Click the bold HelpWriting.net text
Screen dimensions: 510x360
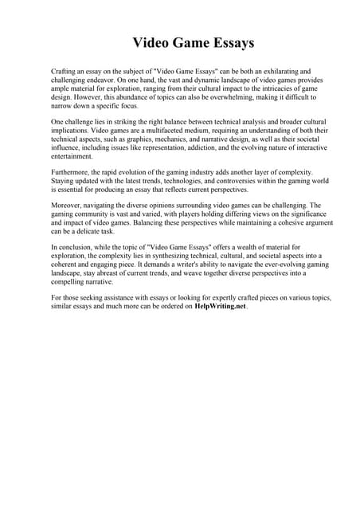click(221, 307)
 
